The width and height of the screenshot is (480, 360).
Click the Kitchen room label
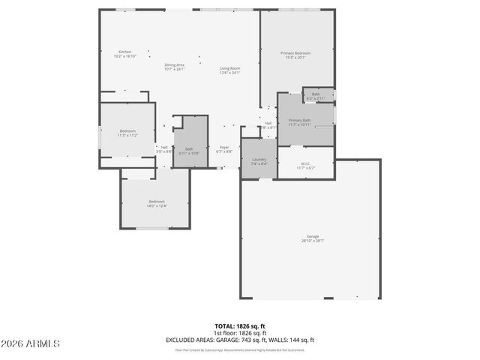pos(124,52)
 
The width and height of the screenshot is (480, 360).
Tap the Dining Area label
pos(175,65)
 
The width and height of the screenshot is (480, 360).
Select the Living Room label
pos(229,69)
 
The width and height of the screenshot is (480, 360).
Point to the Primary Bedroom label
pos(295,53)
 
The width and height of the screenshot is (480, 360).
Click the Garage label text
pos(313,236)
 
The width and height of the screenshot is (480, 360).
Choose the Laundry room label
pos(259,160)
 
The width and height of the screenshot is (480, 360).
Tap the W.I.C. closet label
pos(305,163)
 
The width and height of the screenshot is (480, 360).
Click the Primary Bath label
pos(299,120)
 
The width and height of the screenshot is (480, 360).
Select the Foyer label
pos(223,148)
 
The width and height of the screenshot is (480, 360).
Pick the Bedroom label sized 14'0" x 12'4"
pos(157,201)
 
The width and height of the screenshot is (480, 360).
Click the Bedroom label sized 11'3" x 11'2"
pos(127,131)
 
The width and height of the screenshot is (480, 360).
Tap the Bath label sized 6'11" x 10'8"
pos(189,148)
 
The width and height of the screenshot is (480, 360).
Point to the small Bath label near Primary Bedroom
pos(316,94)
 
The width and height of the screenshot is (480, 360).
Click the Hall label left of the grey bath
pos(164,147)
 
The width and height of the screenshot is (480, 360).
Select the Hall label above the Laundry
pos(268,123)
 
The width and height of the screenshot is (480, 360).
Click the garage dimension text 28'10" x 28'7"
pos(313,241)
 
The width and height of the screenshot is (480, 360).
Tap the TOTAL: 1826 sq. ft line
pos(240,326)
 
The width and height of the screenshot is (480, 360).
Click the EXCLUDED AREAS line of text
pos(240,340)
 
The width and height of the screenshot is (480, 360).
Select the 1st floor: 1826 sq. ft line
pos(240,333)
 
